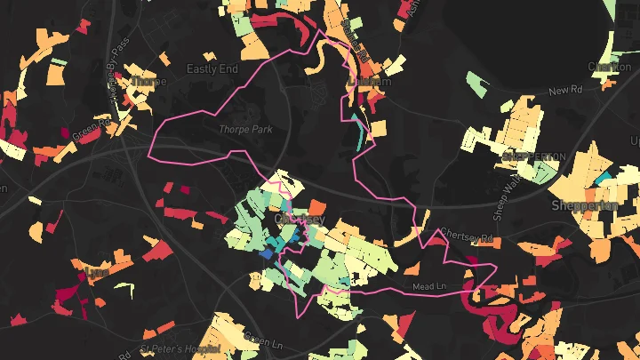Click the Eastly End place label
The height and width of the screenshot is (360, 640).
212,68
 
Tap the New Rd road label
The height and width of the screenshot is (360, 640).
564,91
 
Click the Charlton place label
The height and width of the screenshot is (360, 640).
610,67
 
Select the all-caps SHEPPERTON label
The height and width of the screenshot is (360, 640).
533,156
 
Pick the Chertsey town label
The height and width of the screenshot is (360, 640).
300,219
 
